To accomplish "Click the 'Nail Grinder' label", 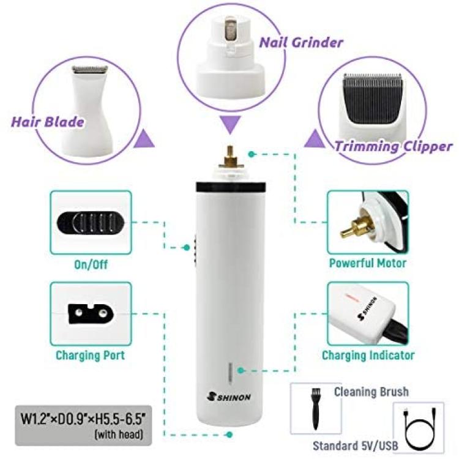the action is tap(301, 42).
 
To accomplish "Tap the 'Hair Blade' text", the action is tap(47, 122).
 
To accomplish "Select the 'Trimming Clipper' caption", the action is tap(393, 146).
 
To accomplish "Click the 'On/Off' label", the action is tap(91, 264).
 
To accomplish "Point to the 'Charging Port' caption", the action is tap(90, 356).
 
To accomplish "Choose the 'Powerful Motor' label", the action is tap(368, 263).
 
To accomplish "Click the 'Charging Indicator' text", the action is tap(368, 356).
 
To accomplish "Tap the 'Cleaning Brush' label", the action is tap(371, 392).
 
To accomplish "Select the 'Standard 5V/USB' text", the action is tap(356, 446).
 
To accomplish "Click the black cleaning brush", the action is tap(316, 408).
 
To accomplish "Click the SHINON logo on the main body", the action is tap(229, 397).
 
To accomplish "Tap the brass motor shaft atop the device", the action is tap(230, 157).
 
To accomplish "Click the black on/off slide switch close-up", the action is tap(91, 223).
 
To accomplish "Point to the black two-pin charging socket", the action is tap(91, 314).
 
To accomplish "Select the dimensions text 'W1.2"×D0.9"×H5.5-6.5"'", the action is tap(83, 419).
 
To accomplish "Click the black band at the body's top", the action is tap(231, 187).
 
